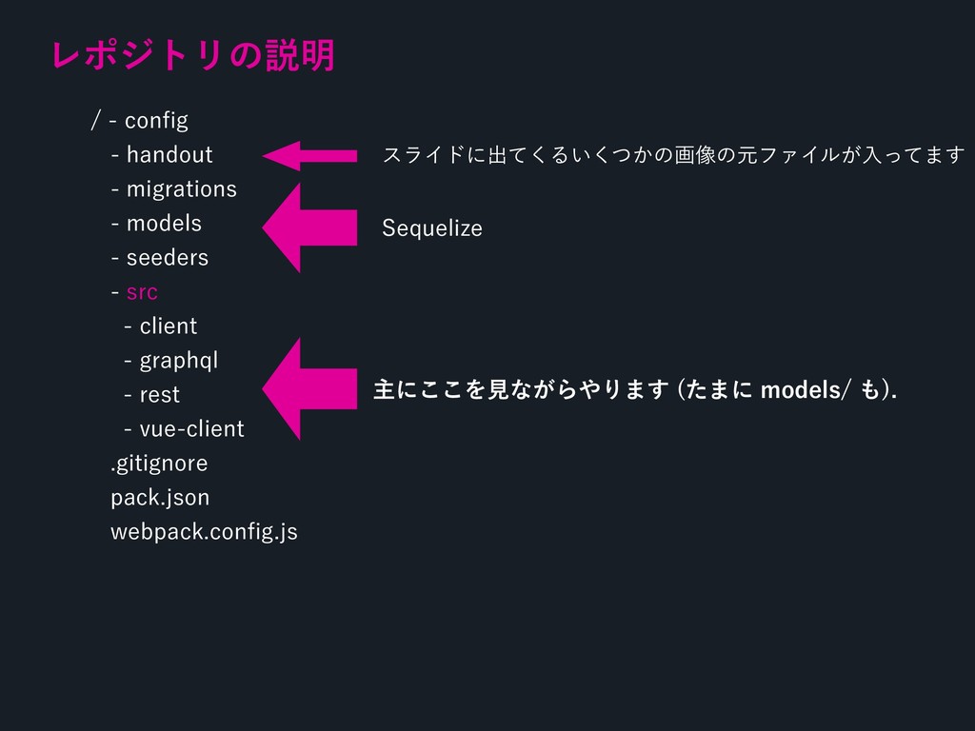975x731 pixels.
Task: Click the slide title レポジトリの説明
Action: coord(194,55)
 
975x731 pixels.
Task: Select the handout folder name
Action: coord(169,155)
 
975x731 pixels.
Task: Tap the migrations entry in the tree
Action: coord(181,189)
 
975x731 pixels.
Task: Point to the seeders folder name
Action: coord(167,258)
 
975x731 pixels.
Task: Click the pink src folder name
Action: coord(142,292)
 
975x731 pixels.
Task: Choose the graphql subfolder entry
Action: coord(179,361)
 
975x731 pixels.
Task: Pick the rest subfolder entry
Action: coord(159,395)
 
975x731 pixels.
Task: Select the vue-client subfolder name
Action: coord(191,429)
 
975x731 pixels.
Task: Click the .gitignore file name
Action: coord(159,464)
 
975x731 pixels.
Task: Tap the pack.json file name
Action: coord(160,498)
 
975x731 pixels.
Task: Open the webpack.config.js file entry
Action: coord(204,532)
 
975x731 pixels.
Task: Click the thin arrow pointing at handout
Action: coord(309,155)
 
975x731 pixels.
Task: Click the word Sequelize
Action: coord(431,228)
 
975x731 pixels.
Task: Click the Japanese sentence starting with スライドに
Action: coord(672,155)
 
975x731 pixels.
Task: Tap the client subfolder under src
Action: coord(168,326)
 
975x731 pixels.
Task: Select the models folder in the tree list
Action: coord(164,224)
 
